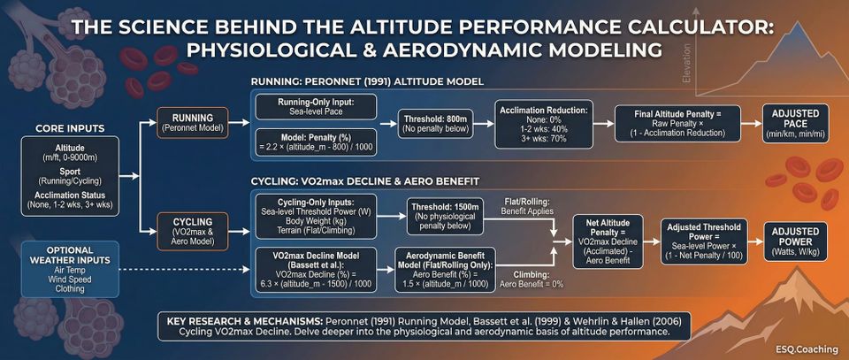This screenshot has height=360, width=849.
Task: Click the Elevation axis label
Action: coord(686,66)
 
